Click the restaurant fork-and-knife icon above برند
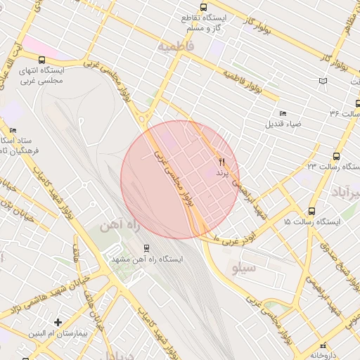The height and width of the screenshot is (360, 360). click(222, 162)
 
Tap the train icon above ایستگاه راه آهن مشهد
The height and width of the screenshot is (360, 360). click(146, 248)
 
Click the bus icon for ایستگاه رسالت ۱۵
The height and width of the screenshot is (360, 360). click(312, 211)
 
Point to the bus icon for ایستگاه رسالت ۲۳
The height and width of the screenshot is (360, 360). click(336, 156)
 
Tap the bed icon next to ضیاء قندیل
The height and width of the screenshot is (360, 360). click(283, 113)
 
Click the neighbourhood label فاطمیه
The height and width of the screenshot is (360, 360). click(175, 46)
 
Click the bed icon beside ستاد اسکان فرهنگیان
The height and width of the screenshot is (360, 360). click(13, 130)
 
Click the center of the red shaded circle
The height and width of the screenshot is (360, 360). click(180, 179)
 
